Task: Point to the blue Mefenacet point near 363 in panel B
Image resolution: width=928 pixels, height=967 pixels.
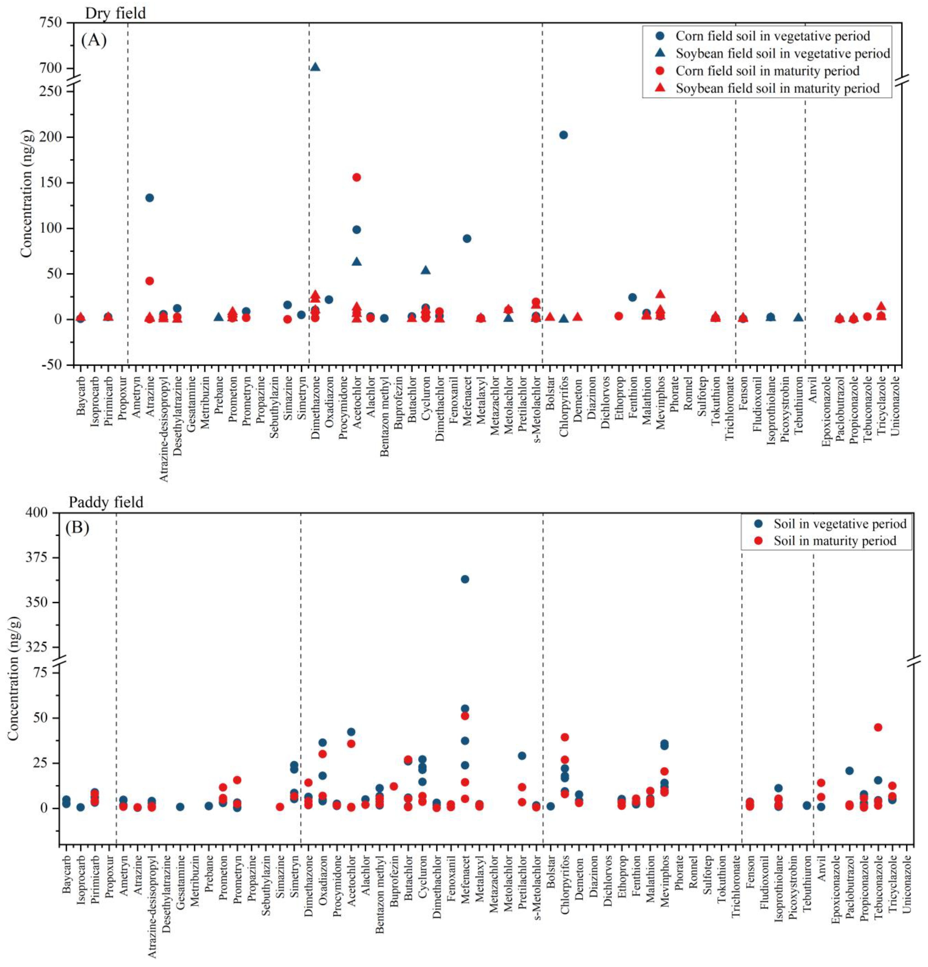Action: point(465,579)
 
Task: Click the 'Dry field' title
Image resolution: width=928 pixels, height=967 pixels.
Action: point(115,13)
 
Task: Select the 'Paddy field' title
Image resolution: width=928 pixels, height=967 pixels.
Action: point(106,502)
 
